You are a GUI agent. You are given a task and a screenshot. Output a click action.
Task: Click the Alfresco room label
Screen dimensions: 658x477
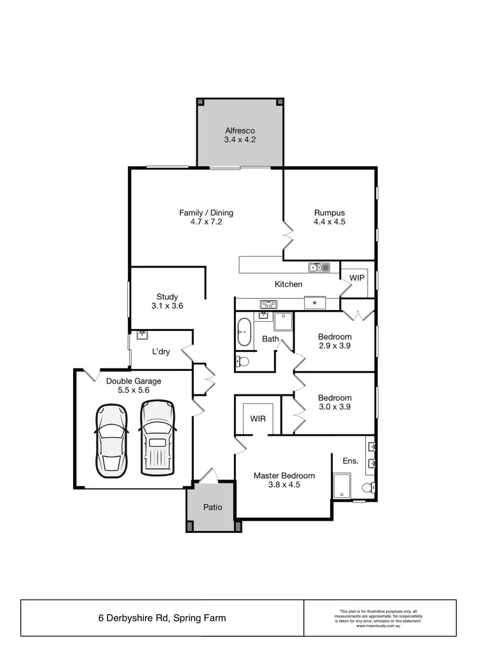pyautogui.click(x=240, y=130)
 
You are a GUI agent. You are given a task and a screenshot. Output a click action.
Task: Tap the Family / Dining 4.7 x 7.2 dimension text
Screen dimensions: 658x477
pyautogui.click(x=206, y=222)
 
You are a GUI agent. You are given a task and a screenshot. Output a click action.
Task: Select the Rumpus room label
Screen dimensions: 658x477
pyautogui.click(x=329, y=213)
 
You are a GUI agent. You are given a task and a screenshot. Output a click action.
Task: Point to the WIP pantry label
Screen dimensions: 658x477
pyautogui.click(x=357, y=278)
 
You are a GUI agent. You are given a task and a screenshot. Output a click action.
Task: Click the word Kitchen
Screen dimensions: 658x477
pyautogui.click(x=288, y=284)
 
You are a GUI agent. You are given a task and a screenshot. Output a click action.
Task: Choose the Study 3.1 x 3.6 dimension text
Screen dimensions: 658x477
pyautogui.click(x=167, y=305)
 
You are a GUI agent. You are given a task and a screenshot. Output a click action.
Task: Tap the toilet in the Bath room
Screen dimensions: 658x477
pyautogui.click(x=242, y=361)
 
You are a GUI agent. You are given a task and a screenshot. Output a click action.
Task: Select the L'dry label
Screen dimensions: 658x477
pyautogui.click(x=160, y=351)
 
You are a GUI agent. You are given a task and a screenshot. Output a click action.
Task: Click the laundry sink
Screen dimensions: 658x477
pyautogui.click(x=142, y=334)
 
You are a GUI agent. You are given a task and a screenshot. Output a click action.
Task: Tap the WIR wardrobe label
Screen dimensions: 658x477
pyautogui.click(x=258, y=419)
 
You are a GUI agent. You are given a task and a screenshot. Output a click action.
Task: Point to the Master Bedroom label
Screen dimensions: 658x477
pyautogui.click(x=284, y=475)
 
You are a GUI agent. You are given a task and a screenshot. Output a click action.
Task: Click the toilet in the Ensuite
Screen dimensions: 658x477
pyautogui.click(x=368, y=488)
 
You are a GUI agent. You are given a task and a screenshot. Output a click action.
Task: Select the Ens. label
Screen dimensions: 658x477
pyautogui.click(x=350, y=461)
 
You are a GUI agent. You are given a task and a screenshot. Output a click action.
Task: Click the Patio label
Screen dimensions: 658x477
pyautogui.click(x=212, y=507)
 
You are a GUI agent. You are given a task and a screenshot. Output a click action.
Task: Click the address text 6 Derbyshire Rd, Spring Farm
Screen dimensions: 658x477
pyautogui.click(x=162, y=617)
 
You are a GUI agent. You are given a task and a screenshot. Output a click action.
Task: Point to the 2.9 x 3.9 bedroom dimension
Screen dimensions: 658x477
pyautogui.click(x=335, y=346)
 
